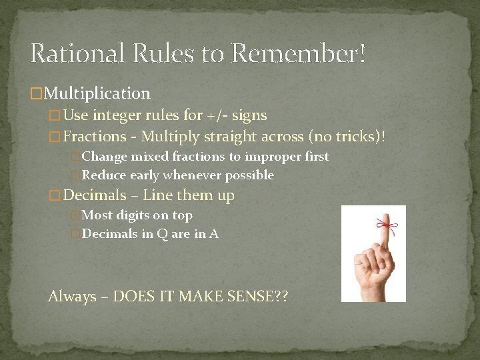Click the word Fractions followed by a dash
coord(95,137)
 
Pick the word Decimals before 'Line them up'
coord(95,195)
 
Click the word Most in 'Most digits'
coord(97,215)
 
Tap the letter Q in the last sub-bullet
coord(151,233)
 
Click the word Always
coord(72,297)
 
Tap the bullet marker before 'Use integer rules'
coord(55,116)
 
